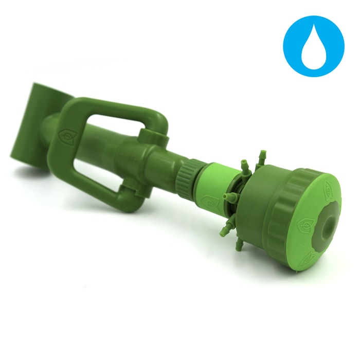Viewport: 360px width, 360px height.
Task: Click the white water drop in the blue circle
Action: [314, 46]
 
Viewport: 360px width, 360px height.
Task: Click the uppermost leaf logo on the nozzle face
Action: [328, 191]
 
